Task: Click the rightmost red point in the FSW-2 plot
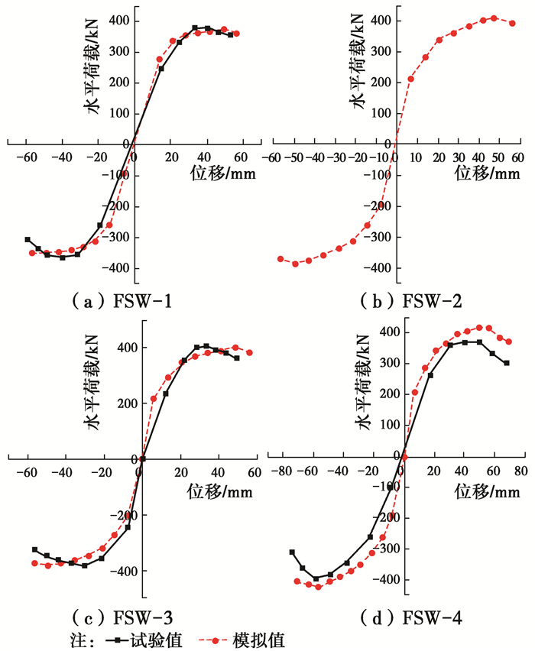pos(512,23)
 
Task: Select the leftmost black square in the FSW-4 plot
pos(292,552)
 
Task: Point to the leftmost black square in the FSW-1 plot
pos(28,239)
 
